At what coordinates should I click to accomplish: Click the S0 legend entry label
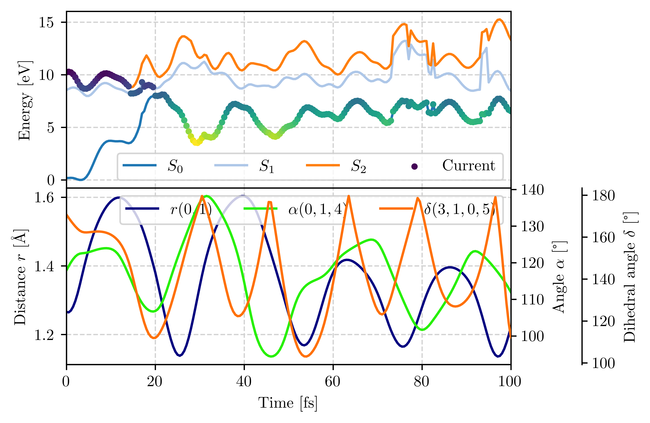click(175, 166)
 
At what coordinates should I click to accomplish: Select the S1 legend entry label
click(267, 166)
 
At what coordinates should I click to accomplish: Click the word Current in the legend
click(468, 165)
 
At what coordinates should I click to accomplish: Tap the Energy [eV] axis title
click(25, 101)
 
